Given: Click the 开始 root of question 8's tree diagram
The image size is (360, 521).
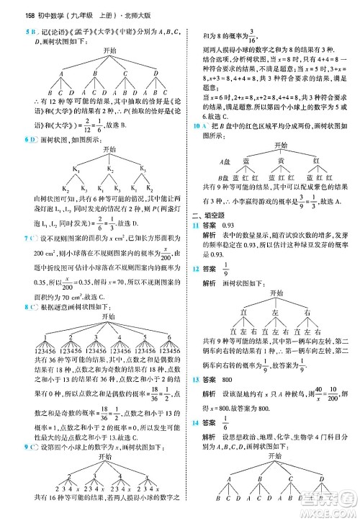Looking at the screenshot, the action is coord(109,317).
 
